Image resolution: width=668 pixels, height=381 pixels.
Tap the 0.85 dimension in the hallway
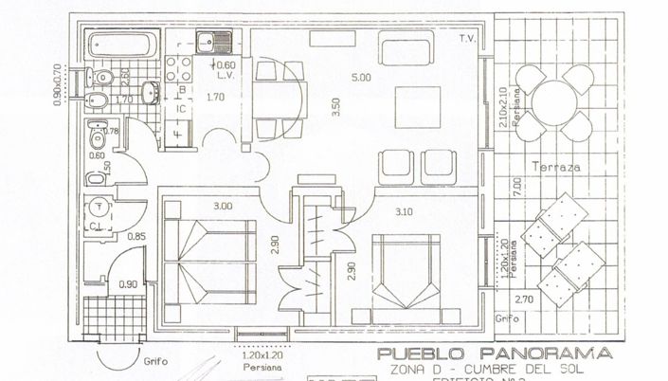tap(135, 237)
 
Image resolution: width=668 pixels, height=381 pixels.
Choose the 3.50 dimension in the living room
tap(335, 106)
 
